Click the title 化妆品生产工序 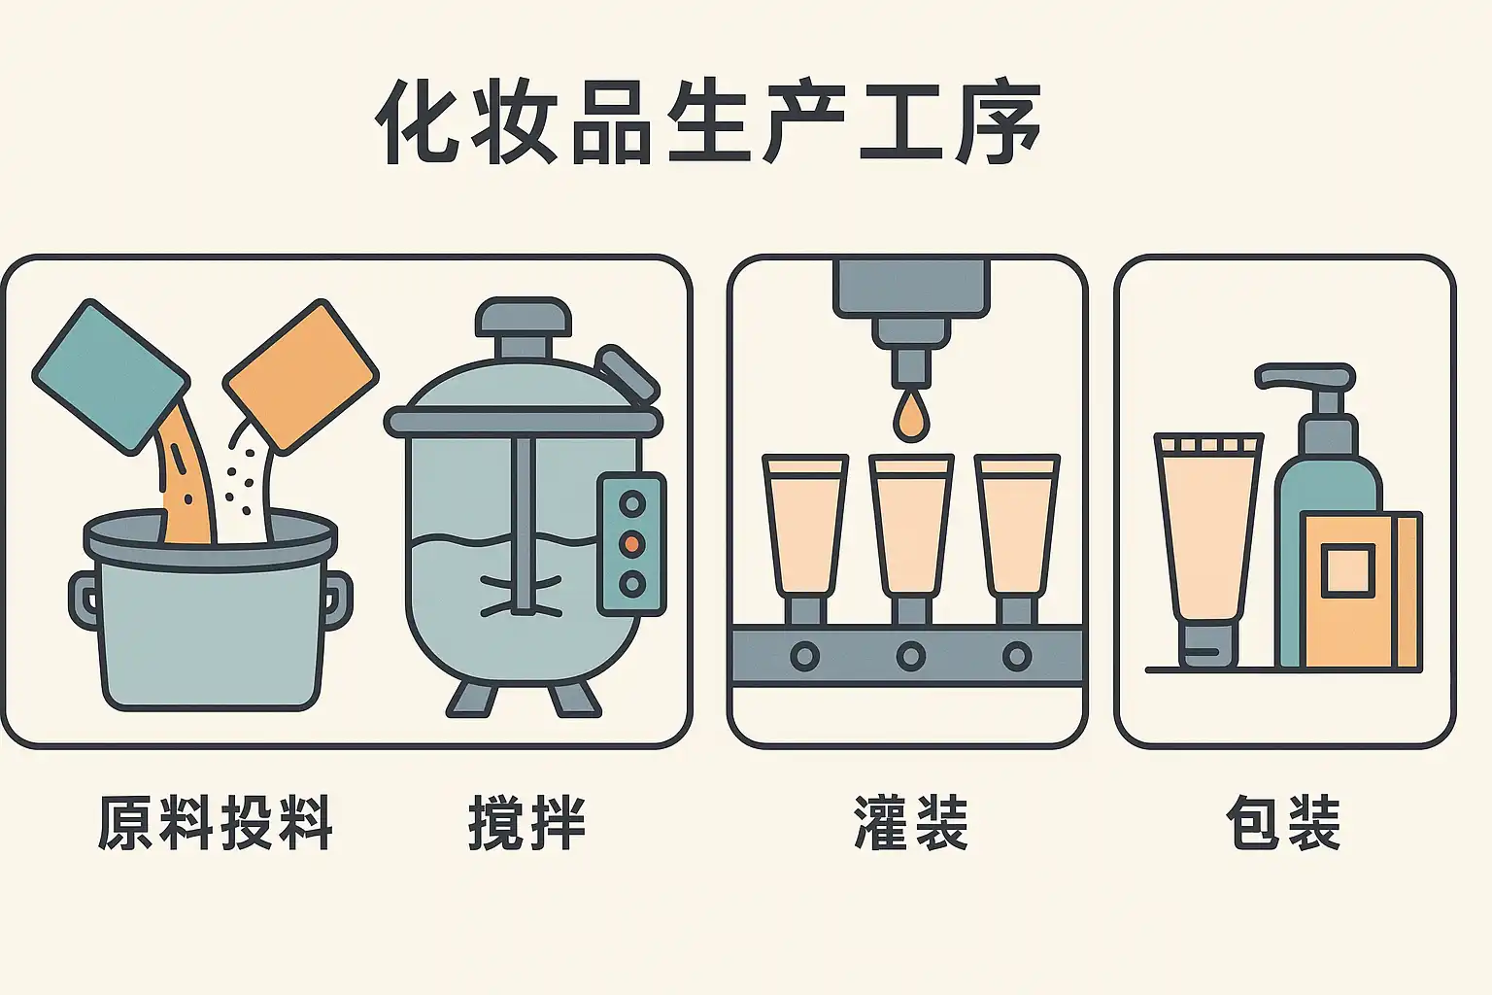click(x=708, y=124)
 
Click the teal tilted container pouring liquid click(x=110, y=376)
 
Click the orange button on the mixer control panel click(x=632, y=543)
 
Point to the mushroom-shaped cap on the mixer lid click(x=523, y=320)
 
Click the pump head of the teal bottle click(x=1304, y=377)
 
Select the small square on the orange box click(x=1347, y=570)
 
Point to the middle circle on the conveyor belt click(x=910, y=657)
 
